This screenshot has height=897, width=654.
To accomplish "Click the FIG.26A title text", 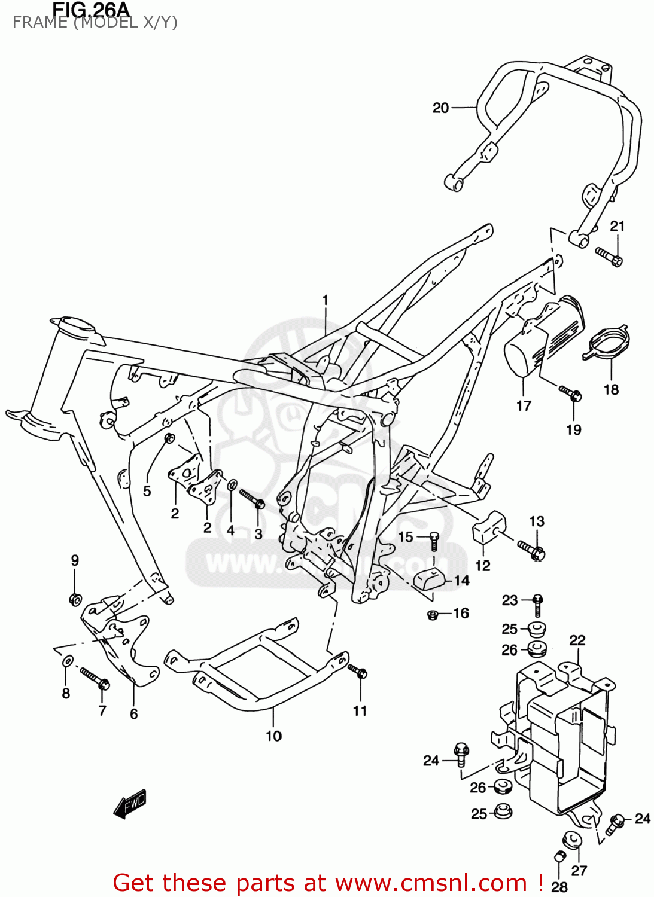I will click(x=90, y=9).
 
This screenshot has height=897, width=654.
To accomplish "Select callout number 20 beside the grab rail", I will click(x=440, y=108).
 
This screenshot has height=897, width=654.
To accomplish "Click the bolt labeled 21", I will click(x=609, y=257).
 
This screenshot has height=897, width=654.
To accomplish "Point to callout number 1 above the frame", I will click(x=325, y=300).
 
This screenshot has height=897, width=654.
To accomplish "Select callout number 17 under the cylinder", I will click(x=524, y=406).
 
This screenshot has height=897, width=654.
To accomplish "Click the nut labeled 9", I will click(x=75, y=599).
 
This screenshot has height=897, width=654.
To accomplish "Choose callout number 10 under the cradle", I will click(x=273, y=736).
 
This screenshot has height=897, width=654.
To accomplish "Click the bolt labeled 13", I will click(x=531, y=550).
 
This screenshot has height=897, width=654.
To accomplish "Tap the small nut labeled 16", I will click(x=433, y=614).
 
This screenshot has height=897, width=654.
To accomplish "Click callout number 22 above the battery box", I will click(x=577, y=640).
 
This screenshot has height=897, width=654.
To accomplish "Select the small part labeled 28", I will click(x=560, y=857).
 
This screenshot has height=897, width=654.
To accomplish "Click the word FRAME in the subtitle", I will click(x=39, y=23).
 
